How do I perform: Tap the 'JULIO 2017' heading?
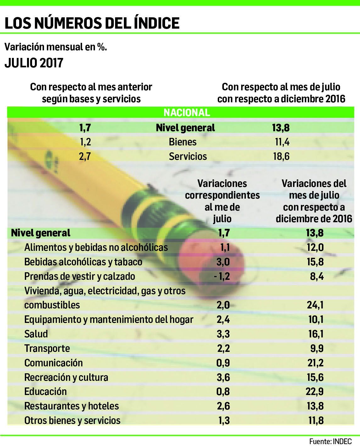pos(34,63)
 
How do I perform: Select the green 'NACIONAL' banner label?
pos(186,113)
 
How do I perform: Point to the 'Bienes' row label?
pos(182,142)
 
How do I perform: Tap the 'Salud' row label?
pos(36,334)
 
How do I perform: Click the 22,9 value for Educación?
pos(314,392)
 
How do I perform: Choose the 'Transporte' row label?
pos(47,348)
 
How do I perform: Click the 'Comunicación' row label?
pos(53,363)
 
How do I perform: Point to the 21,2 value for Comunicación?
pos(315,363)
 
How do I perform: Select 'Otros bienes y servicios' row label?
pos(72,421)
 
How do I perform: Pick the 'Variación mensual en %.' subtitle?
pos(56,47)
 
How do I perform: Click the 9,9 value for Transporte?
pos(317,348)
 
